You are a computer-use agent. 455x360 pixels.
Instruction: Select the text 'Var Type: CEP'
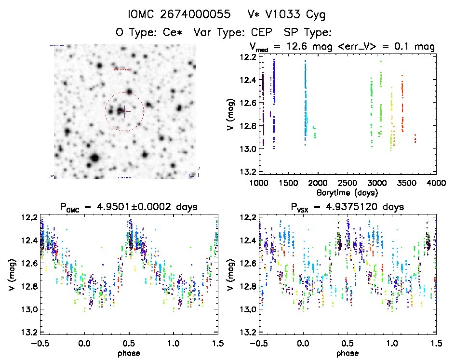point(234,33)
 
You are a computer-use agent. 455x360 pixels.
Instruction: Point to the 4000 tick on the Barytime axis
point(436,184)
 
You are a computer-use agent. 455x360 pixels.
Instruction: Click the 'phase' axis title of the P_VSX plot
point(348,353)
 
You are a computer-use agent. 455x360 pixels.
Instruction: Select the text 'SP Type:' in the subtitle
point(309,33)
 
